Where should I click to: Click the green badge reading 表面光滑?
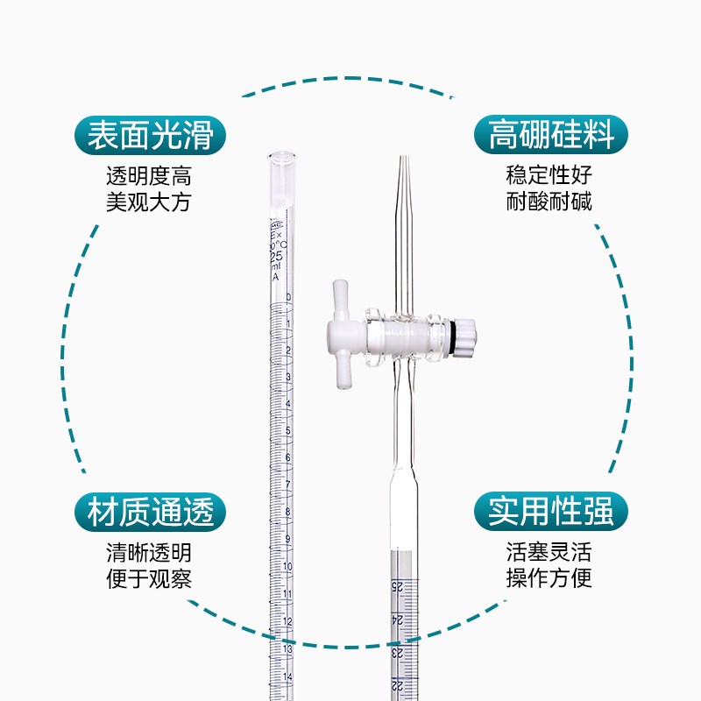[151, 136]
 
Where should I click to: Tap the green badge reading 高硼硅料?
[552, 136]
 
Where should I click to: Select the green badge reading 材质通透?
[151, 512]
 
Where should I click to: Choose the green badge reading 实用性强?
[552, 512]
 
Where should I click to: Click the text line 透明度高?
[148, 174]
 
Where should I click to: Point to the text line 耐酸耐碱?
[549, 202]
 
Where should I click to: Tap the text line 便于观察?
[148, 579]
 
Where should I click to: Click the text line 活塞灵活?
[549, 552]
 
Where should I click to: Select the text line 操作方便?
[549, 579]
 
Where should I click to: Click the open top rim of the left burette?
[280, 156]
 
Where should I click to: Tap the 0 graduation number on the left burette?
[288, 297]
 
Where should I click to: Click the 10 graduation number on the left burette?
[287, 566]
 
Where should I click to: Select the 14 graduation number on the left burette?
[287, 675]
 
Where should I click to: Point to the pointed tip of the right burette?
[403, 161]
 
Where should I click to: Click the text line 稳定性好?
[549, 174]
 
